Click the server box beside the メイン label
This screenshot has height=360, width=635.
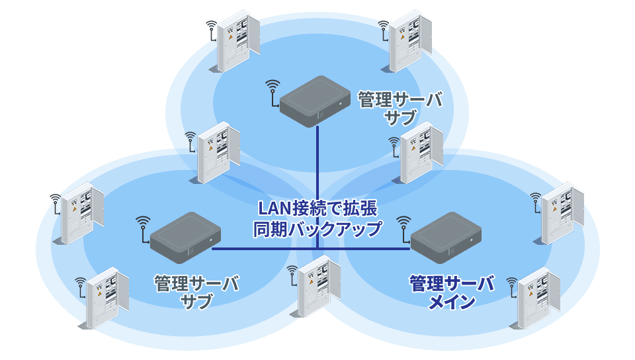(445, 236)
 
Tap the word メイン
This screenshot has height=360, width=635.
(452, 302)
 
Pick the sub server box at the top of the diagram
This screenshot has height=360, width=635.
(314, 101)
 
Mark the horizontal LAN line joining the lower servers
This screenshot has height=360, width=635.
(265, 249)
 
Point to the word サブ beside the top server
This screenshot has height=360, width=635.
(400, 118)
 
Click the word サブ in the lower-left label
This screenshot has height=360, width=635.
(196, 302)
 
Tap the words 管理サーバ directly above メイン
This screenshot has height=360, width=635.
(452, 284)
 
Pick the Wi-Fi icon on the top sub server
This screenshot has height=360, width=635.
(272, 91)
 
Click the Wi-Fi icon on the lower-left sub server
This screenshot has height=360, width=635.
(142, 225)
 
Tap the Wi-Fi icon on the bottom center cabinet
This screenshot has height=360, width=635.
(293, 275)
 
